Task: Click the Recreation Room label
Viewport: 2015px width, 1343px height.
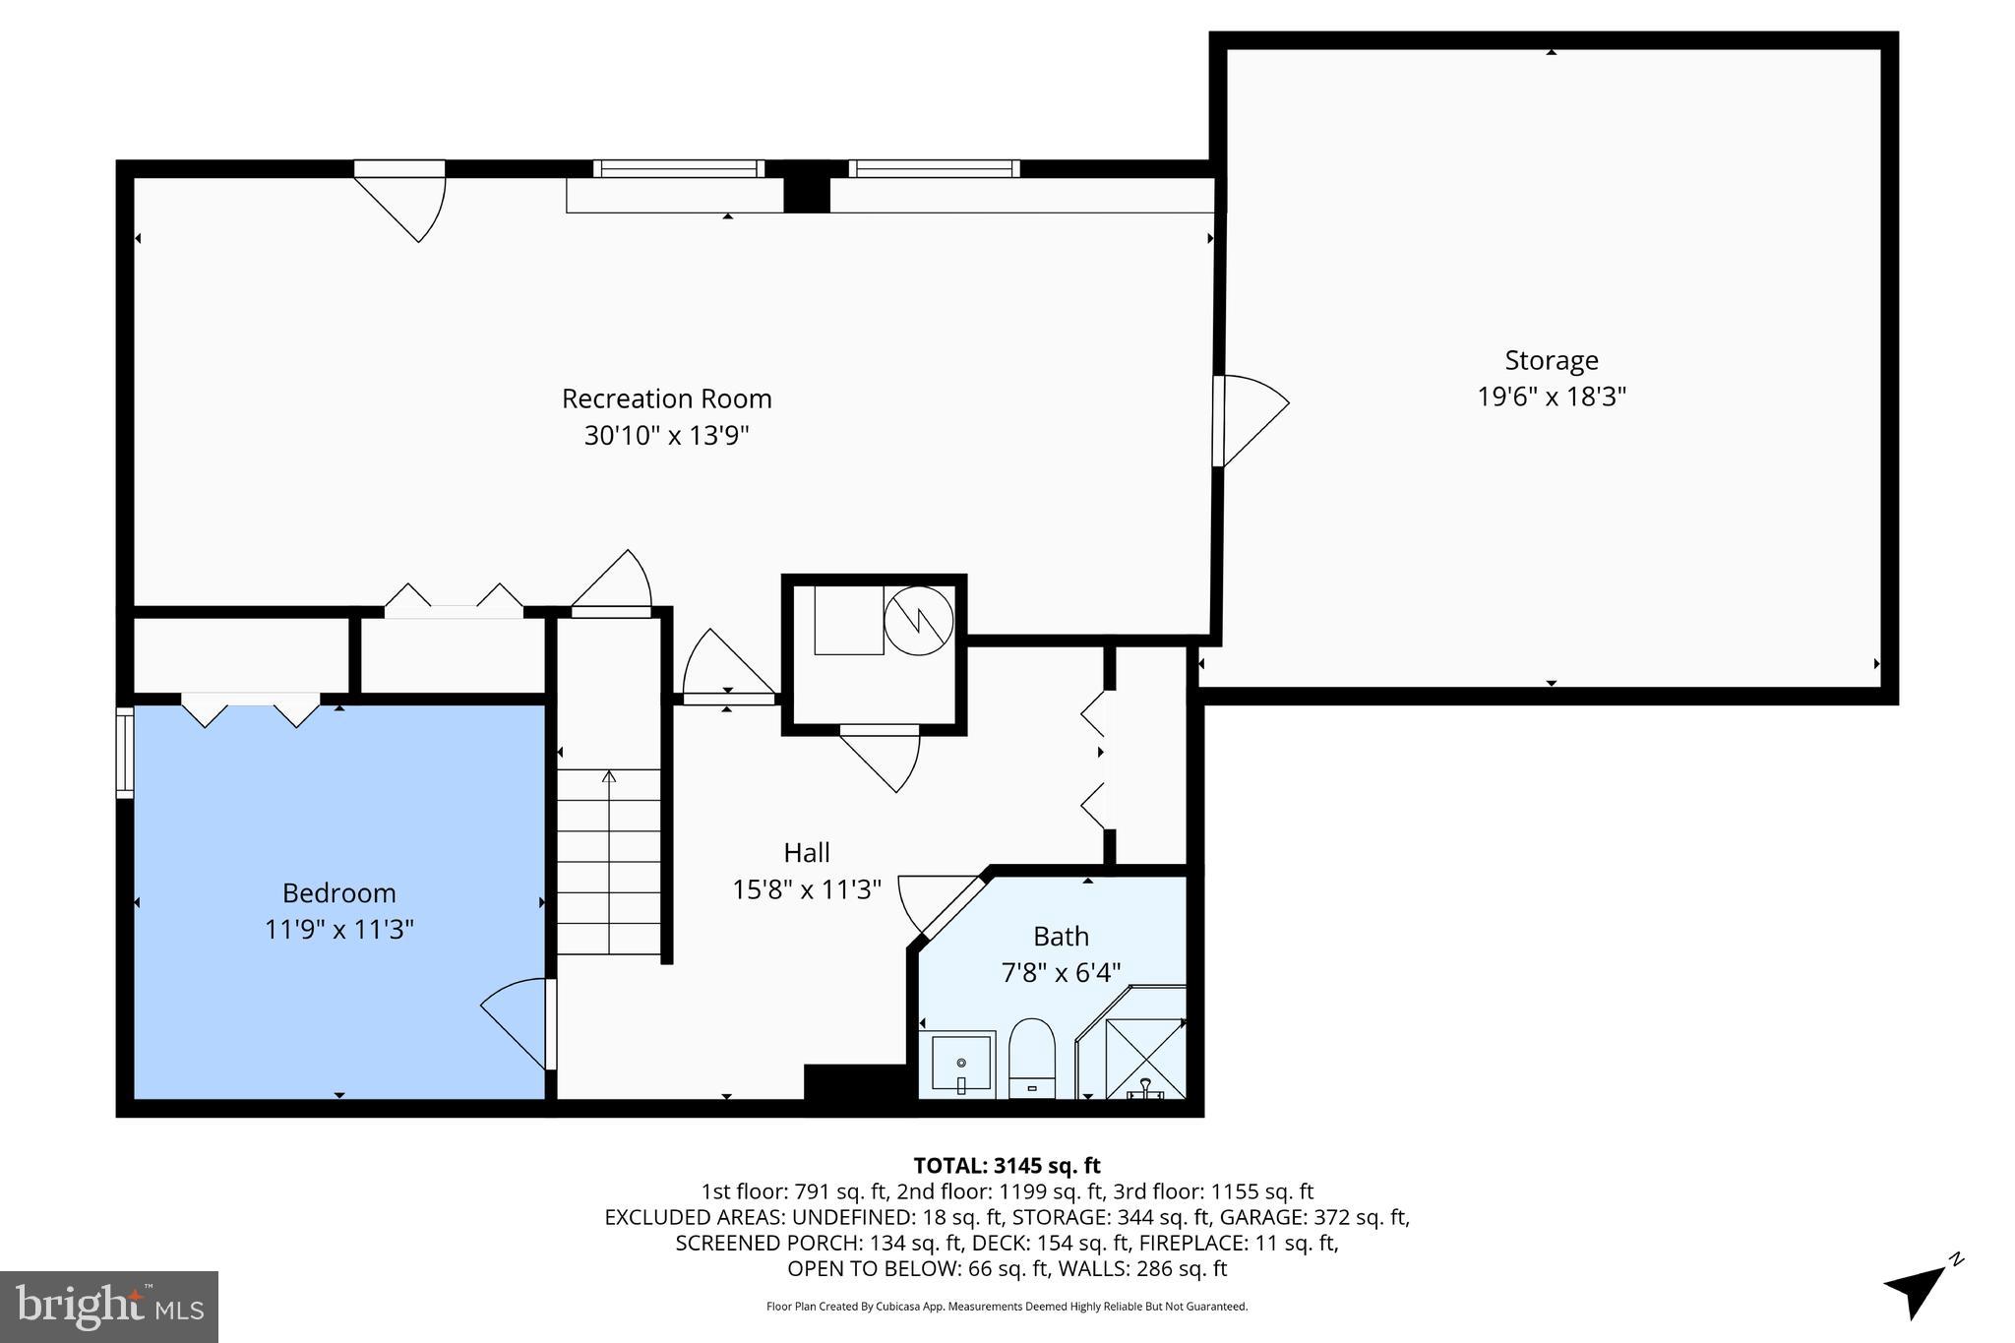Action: tap(666, 398)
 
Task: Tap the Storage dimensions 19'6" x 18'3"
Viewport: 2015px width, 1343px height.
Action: tap(1551, 397)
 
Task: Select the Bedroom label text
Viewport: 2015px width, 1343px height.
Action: tap(338, 892)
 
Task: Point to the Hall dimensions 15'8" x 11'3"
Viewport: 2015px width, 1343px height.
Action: tap(806, 889)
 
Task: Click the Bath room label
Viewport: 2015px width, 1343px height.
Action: tap(1060, 936)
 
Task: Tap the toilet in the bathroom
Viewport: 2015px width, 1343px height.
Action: tap(1031, 1060)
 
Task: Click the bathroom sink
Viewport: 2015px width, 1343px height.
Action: tap(960, 1065)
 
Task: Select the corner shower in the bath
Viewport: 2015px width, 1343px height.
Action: tap(1141, 1053)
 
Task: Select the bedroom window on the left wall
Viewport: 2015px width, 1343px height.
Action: tap(124, 753)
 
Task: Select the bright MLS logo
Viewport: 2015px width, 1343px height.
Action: tap(108, 1307)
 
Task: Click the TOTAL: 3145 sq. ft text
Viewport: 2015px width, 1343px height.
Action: tap(1007, 1166)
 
